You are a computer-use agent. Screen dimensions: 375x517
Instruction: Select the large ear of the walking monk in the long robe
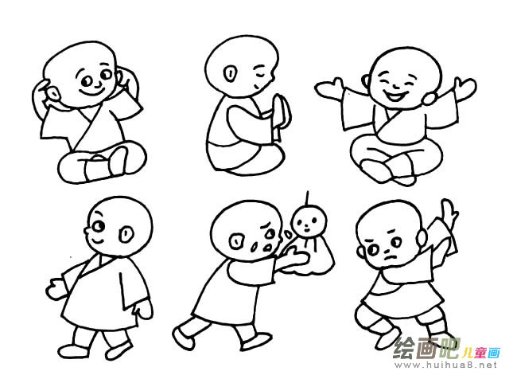click(x=126, y=234)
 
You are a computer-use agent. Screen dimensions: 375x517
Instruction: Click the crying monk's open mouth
click(x=255, y=247)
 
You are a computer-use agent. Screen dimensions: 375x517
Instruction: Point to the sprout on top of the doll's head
click(x=306, y=197)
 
